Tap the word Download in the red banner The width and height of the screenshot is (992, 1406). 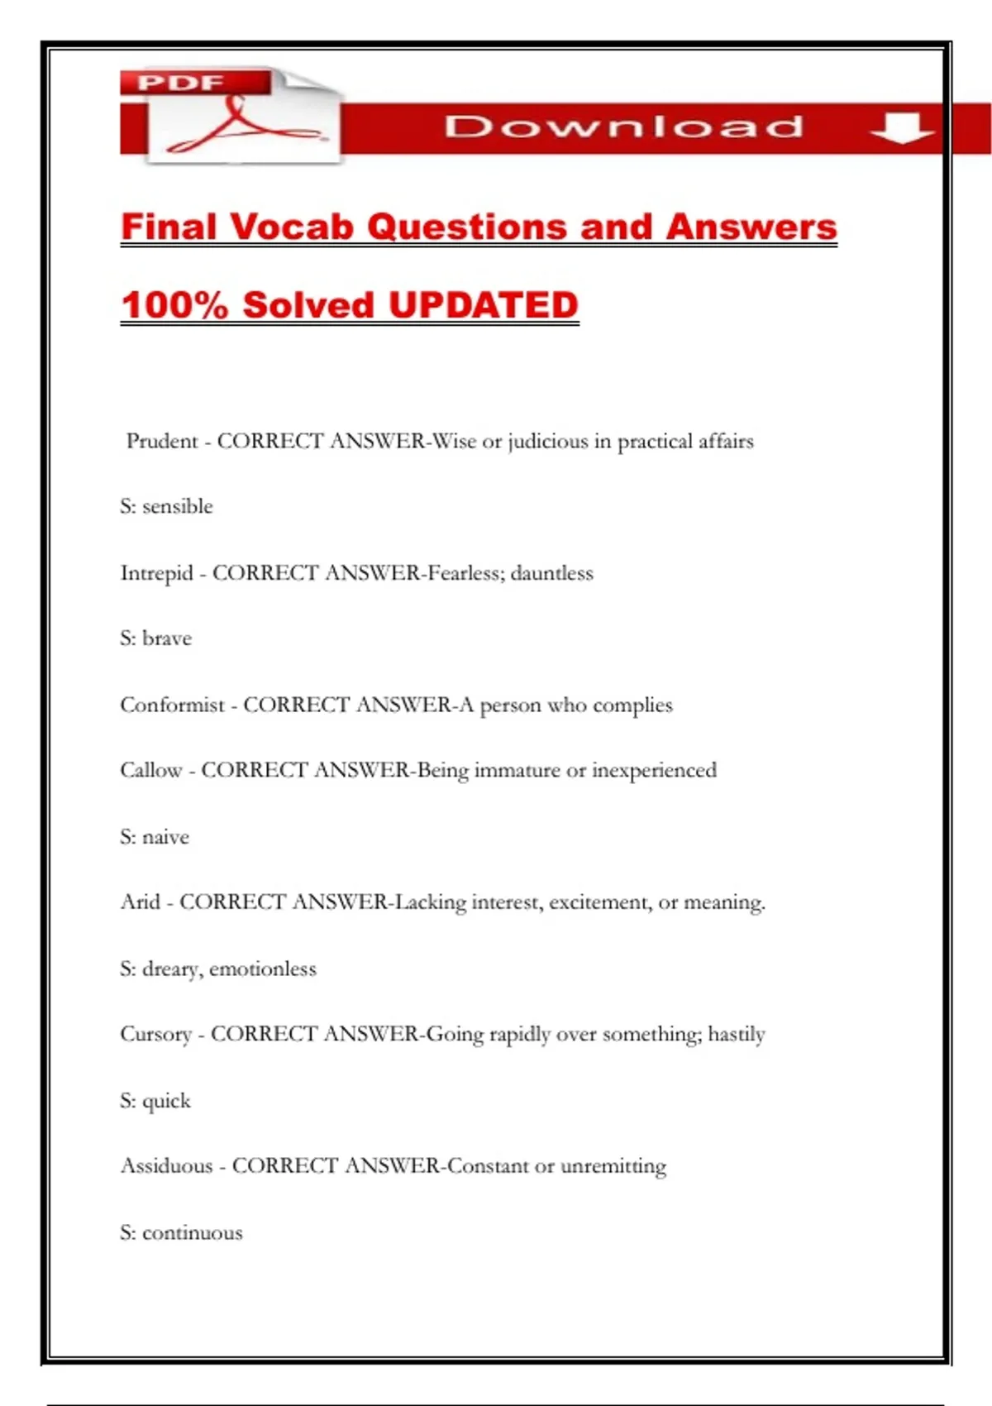coord(623,127)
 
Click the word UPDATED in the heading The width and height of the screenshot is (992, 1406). coord(483,304)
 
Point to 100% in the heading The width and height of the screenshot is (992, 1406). coord(174,304)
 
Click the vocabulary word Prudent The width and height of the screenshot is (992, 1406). coord(162,441)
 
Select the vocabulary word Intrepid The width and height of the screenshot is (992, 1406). coord(156,572)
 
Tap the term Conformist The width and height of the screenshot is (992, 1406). coord(172,705)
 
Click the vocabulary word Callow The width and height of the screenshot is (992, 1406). coord(150,770)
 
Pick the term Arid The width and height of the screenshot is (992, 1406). coord(140,901)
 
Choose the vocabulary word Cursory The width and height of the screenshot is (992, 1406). coord(155,1034)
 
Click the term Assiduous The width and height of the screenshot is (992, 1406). coord(166,1165)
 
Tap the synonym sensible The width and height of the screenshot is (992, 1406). coord(178,506)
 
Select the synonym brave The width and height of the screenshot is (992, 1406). coord(167,638)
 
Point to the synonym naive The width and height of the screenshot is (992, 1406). coord(165,837)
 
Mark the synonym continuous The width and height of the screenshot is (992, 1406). coord(193,1232)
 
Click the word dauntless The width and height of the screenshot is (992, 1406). coord(551,572)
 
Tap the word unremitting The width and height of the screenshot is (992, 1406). coord(613,1165)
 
